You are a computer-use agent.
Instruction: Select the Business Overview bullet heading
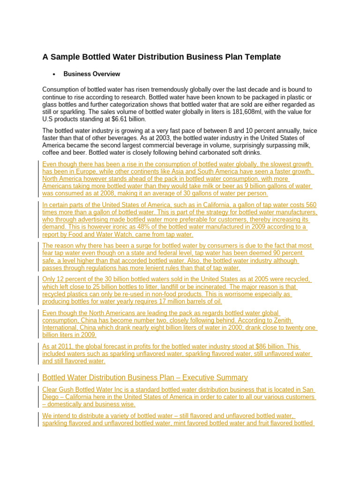91,74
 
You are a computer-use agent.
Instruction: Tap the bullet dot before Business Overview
54,75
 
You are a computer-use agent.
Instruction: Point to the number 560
311,205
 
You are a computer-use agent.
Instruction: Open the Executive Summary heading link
145,377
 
